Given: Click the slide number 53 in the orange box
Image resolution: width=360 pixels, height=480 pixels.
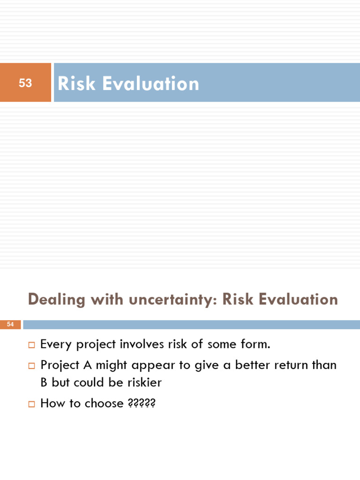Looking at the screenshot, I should pos(25,83).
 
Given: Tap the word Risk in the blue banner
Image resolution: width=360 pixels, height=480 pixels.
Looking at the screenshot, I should pos(76,84).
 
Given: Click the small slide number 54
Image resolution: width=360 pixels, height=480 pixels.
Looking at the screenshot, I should pos(10,324).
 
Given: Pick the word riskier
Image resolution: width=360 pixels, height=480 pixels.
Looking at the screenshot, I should pos(144,382).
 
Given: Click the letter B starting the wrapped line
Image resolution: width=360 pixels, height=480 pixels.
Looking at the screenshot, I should pos(44,382).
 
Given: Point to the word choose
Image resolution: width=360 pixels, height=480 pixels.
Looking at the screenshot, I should pos(104,403).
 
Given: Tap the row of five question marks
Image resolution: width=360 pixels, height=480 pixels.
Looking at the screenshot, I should pos(141,403).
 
